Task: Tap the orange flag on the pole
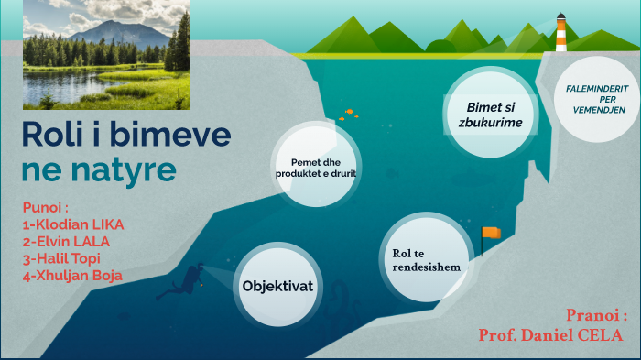click(492, 233)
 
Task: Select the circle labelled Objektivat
click(277, 286)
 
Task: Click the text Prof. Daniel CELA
click(549, 335)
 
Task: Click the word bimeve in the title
click(169, 136)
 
